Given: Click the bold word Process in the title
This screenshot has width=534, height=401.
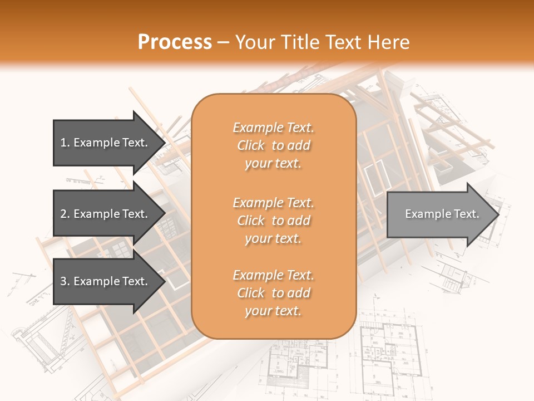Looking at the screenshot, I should coord(175,42).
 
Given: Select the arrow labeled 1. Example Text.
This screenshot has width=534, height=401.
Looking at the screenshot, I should coord(106,143).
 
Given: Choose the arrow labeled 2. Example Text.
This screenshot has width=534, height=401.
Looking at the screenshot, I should coord(106,214).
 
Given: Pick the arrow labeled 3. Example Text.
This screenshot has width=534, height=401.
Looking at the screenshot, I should coord(106,281).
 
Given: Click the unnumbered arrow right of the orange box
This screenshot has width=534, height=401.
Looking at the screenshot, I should coord(439,214).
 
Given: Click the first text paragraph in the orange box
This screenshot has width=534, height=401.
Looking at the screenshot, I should coord(273,145).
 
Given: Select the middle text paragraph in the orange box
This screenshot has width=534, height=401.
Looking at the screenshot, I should coord(273,221).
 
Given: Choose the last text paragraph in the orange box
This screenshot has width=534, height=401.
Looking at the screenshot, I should coord(273,293).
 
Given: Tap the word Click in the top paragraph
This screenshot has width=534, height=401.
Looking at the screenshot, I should coord(251,145).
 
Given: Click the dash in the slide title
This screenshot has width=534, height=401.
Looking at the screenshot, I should coord(224,42).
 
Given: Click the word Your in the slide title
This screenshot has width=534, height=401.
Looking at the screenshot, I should coord(255,42).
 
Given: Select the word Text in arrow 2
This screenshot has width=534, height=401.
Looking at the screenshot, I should coord(134,214).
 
